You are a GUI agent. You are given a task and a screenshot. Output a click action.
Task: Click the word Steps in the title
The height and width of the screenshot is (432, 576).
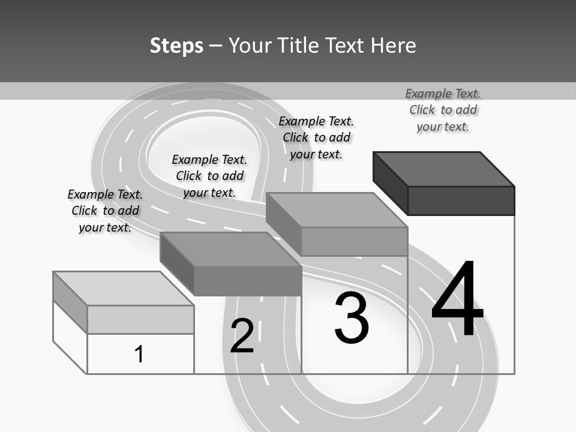click(176, 46)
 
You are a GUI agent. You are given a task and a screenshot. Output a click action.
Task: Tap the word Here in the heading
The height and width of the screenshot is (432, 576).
click(394, 46)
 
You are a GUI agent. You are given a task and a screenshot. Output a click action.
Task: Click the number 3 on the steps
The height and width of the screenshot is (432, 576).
click(352, 318)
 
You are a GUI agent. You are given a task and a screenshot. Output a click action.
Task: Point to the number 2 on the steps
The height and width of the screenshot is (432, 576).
click(242, 335)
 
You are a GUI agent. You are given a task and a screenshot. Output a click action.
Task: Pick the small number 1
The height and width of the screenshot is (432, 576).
click(139, 354)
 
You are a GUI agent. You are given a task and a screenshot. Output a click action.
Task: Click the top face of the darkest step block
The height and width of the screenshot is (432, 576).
click(444, 169)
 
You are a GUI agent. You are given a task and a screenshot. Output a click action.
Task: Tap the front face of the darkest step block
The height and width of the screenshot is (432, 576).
click(461, 200)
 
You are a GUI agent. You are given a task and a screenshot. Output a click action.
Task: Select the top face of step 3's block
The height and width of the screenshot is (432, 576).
click(337, 210)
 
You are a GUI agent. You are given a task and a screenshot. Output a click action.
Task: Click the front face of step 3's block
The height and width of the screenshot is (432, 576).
click(354, 241)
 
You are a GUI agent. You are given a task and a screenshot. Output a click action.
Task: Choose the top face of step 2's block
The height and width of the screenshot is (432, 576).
click(230, 249)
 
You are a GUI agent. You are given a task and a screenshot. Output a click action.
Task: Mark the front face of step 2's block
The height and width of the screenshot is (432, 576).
click(247, 281)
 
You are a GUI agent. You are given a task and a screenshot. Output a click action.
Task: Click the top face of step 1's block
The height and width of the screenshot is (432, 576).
click(124, 288)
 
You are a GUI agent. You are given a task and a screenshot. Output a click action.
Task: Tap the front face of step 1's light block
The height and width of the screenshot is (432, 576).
click(140, 319)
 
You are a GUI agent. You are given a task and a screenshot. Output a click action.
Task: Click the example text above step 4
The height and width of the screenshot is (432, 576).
click(443, 110)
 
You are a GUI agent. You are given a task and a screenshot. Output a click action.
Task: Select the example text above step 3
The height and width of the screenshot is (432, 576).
click(316, 137)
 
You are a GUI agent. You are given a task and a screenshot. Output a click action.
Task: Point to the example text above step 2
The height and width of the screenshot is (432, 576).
click(209, 176)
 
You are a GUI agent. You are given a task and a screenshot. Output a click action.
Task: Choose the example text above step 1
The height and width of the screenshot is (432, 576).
click(105, 211)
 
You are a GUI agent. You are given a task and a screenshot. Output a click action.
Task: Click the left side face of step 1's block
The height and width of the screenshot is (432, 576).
click(70, 302)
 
